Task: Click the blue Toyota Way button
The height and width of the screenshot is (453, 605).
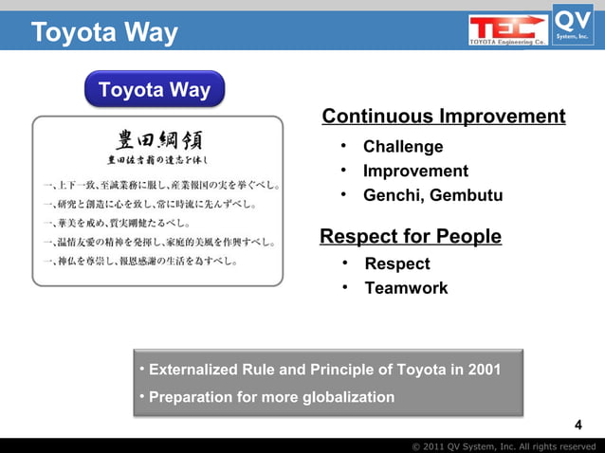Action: click(x=155, y=90)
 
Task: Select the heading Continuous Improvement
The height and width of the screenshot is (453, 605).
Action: click(x=444, y=117)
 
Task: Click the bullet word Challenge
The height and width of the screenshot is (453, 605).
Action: click(x=403, y=147)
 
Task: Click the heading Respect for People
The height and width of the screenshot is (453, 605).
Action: click(x=411, y=236)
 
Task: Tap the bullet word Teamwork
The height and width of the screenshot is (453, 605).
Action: click(x=406, y=288)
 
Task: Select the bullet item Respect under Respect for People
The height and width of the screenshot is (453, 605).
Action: click(x=397, y=263)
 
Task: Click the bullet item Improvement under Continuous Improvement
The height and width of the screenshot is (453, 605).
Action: click(x=415, y=172)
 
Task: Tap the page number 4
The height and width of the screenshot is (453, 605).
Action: click(x=580, y=424)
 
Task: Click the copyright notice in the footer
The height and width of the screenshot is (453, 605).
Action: click(x=504, y=445)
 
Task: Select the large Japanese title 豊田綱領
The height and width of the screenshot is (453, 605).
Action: click(x=158, y=140)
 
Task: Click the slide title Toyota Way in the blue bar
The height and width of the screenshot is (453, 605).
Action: click(x=104, y=34)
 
